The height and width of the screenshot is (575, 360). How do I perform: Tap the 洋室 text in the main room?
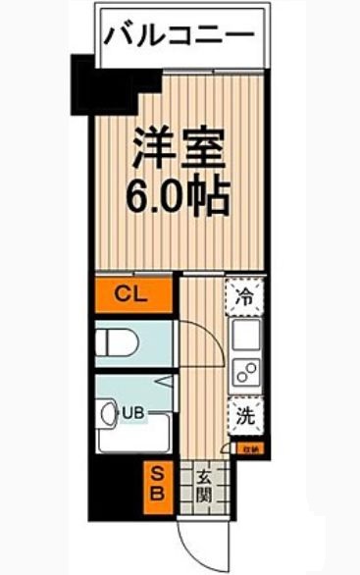click(180, 149)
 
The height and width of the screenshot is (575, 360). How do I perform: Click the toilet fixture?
click(118, 342)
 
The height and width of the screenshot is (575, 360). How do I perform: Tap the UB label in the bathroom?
click(132, 413)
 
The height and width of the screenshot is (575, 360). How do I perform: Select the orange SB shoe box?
click(156, 482)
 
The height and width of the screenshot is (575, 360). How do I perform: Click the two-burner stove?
click(245, 374)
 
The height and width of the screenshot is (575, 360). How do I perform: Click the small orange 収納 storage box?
click(250, 449)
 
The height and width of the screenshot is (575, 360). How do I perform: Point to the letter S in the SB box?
click(156, 473)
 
